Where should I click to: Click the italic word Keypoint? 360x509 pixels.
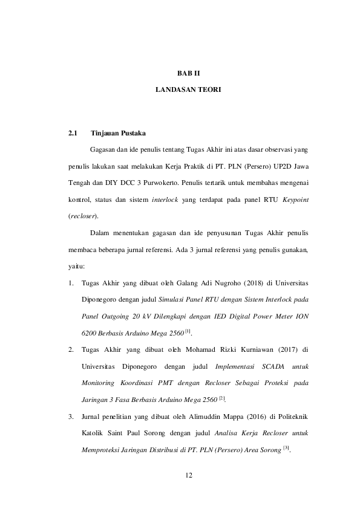[x=296, y=199]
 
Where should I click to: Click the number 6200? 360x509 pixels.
[x=90, y=332]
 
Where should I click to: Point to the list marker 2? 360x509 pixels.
[x=71, y=349]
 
